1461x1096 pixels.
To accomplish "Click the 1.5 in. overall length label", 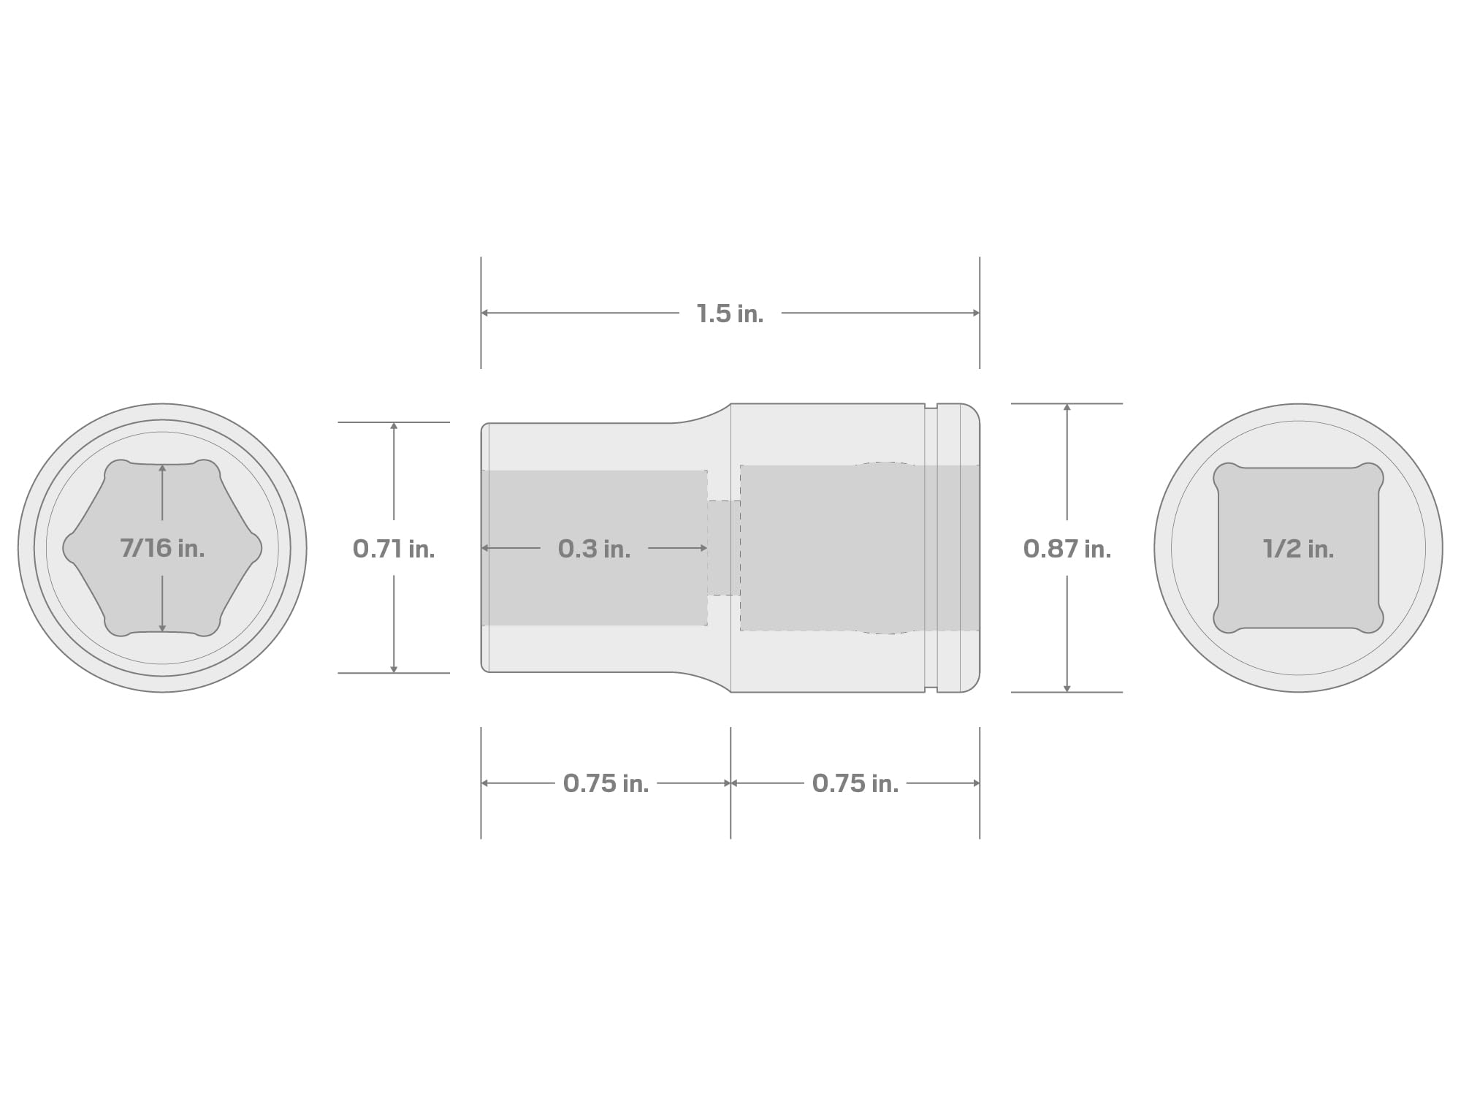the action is click(730, 314).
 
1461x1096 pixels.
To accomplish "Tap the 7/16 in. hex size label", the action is click(162, 548).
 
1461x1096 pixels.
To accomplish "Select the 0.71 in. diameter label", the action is click(394, 549).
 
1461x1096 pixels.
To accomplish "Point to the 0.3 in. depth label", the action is click(594, 549).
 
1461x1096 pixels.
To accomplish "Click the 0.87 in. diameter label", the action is click(1067, 549).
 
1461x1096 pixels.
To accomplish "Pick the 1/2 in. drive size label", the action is click(1298, 549).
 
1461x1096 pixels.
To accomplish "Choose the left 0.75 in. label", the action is click(606, 783).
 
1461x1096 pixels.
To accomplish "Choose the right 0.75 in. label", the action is click(855, 783).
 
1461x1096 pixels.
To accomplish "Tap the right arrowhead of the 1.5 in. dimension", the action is click(975, 313).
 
